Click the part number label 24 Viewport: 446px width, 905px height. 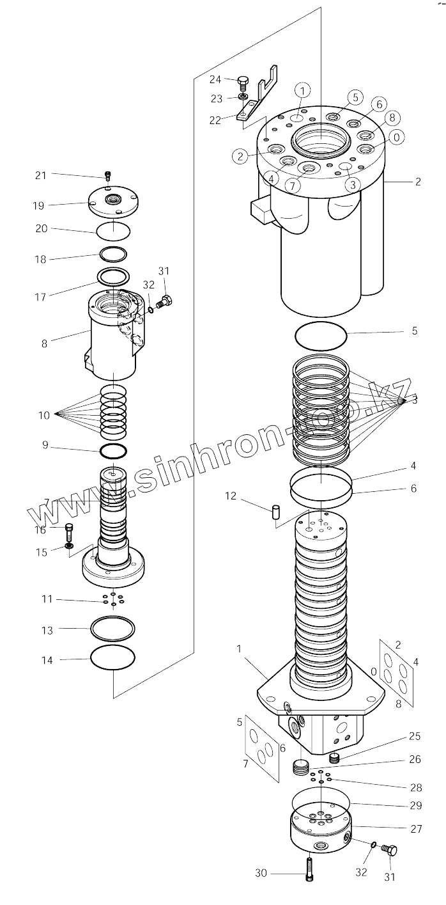point(215,79)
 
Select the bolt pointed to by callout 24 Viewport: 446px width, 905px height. point(243,81)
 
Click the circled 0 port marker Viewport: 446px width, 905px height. point(396,137)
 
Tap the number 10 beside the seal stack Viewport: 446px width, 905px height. point(44,415)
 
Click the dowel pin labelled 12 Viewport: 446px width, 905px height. point(276,512)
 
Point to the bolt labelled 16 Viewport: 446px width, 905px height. point(70,529)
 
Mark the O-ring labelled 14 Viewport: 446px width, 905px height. point(113,657)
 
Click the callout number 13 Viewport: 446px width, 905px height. point(47,631)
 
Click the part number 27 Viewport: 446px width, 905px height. point(417,829)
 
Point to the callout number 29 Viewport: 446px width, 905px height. point(417,805)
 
